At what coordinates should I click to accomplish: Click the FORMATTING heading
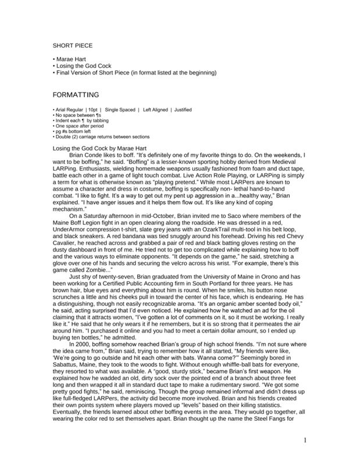[76, 94]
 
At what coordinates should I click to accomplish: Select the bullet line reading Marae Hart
[70, 59]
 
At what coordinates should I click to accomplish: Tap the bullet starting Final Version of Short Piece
[134, 73]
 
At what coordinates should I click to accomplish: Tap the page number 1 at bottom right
[304, 439]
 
